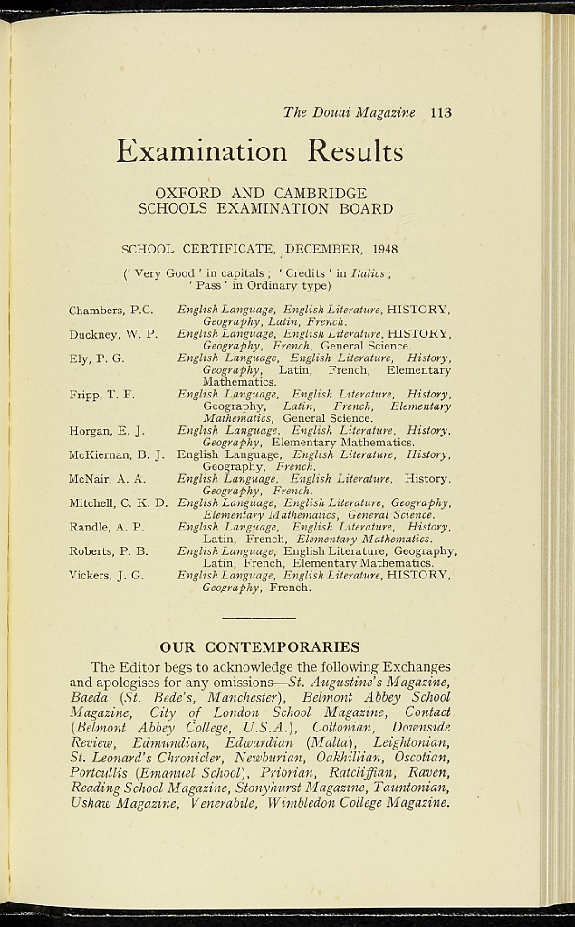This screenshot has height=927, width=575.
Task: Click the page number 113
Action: [x=441, y=113]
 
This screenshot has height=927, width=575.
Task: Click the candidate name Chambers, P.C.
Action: [x=111, y=311]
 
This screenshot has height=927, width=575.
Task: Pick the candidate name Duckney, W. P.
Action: [x=113, y=334]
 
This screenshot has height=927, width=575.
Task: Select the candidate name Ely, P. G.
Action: [x=97, y=358]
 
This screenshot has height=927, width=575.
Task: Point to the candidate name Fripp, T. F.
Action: [x=102, y=395]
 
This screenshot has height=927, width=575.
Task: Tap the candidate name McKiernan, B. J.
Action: [x=116, y=454]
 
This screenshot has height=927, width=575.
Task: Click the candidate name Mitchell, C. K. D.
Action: [x=119, y=502]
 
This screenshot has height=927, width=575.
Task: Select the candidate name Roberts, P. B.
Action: [x=109, y=550]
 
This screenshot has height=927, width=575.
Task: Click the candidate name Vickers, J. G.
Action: [x=106, y=575]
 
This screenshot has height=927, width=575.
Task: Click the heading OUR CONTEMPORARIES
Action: [x=260, y=647]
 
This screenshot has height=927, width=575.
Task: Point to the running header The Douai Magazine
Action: [x=349, y=113]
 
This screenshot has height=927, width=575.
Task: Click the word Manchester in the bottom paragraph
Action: [x=247, y=698]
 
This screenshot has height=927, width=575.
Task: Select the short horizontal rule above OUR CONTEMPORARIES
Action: [x=259, y=617]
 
